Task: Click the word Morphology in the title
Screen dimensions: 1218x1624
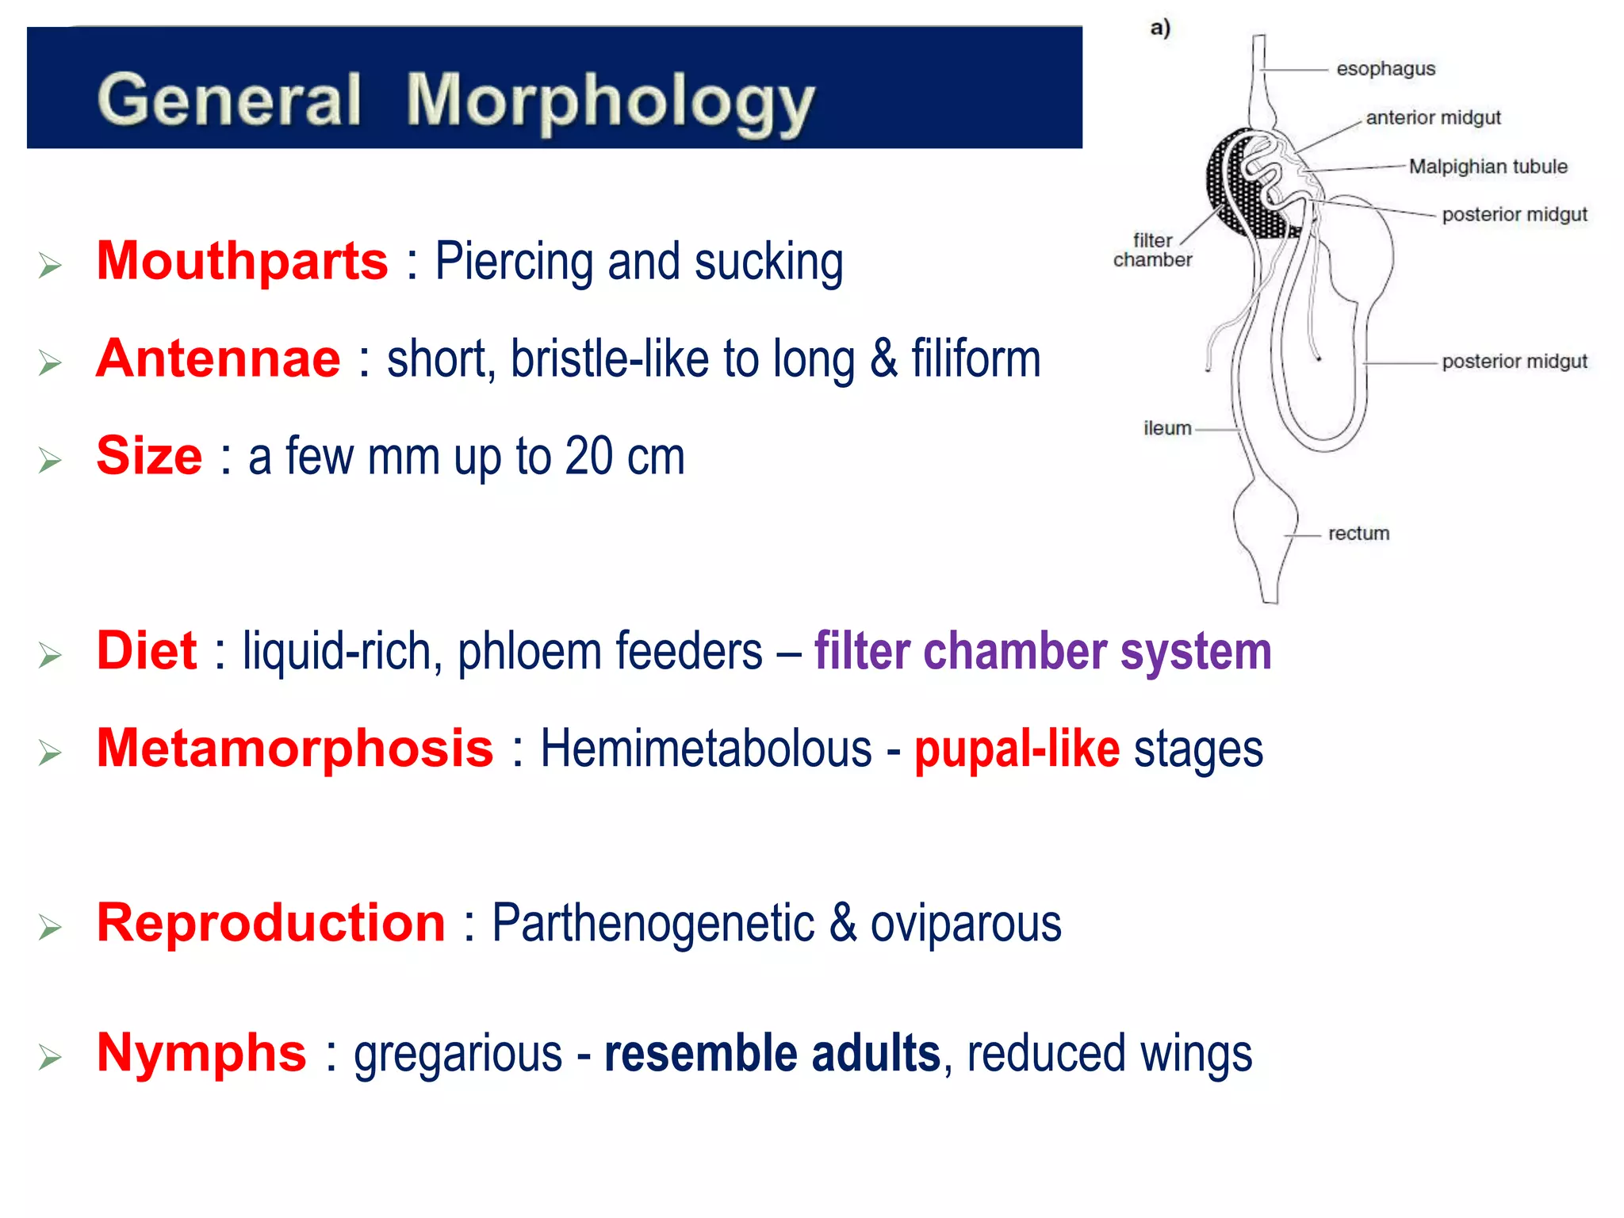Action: point(609,101)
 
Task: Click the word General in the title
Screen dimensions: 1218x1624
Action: point(230,100)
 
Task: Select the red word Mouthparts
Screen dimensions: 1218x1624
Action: point(242,261)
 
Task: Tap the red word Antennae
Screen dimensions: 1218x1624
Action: point(218,358)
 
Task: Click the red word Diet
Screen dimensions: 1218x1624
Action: point(147,650)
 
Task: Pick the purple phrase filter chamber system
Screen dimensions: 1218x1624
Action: point(1042,651)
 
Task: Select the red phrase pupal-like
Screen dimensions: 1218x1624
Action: point(1017,749)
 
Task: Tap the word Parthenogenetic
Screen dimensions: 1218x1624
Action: point(653,923)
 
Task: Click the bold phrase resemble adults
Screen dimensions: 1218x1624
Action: point(772,1053)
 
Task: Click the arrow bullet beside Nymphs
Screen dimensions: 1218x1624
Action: point(50,1057)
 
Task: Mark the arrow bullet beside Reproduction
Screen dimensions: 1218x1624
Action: point(50,927)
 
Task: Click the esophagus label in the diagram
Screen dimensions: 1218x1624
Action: point(1385,69)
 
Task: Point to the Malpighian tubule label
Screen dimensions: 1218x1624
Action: point(1488,167)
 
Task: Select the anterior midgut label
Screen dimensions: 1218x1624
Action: point(1433,117)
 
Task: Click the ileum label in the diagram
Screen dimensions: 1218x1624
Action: point(1166,428)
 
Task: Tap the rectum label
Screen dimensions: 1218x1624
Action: point(1358,533)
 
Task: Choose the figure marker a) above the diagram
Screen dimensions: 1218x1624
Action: point(1160,29)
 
